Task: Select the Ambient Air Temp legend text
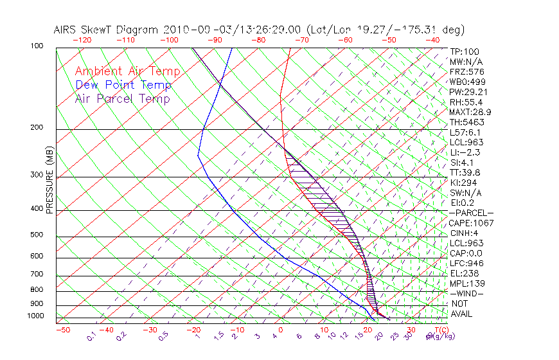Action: click(127, 71)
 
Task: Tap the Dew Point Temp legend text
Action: click(123, 85)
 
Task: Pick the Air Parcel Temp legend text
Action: click(122, 98)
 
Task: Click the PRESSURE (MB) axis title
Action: click(50, 180)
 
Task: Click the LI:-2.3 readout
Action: click(465, 152)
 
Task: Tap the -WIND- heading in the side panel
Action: click(466, 293)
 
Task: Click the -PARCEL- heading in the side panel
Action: click(471, 213)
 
